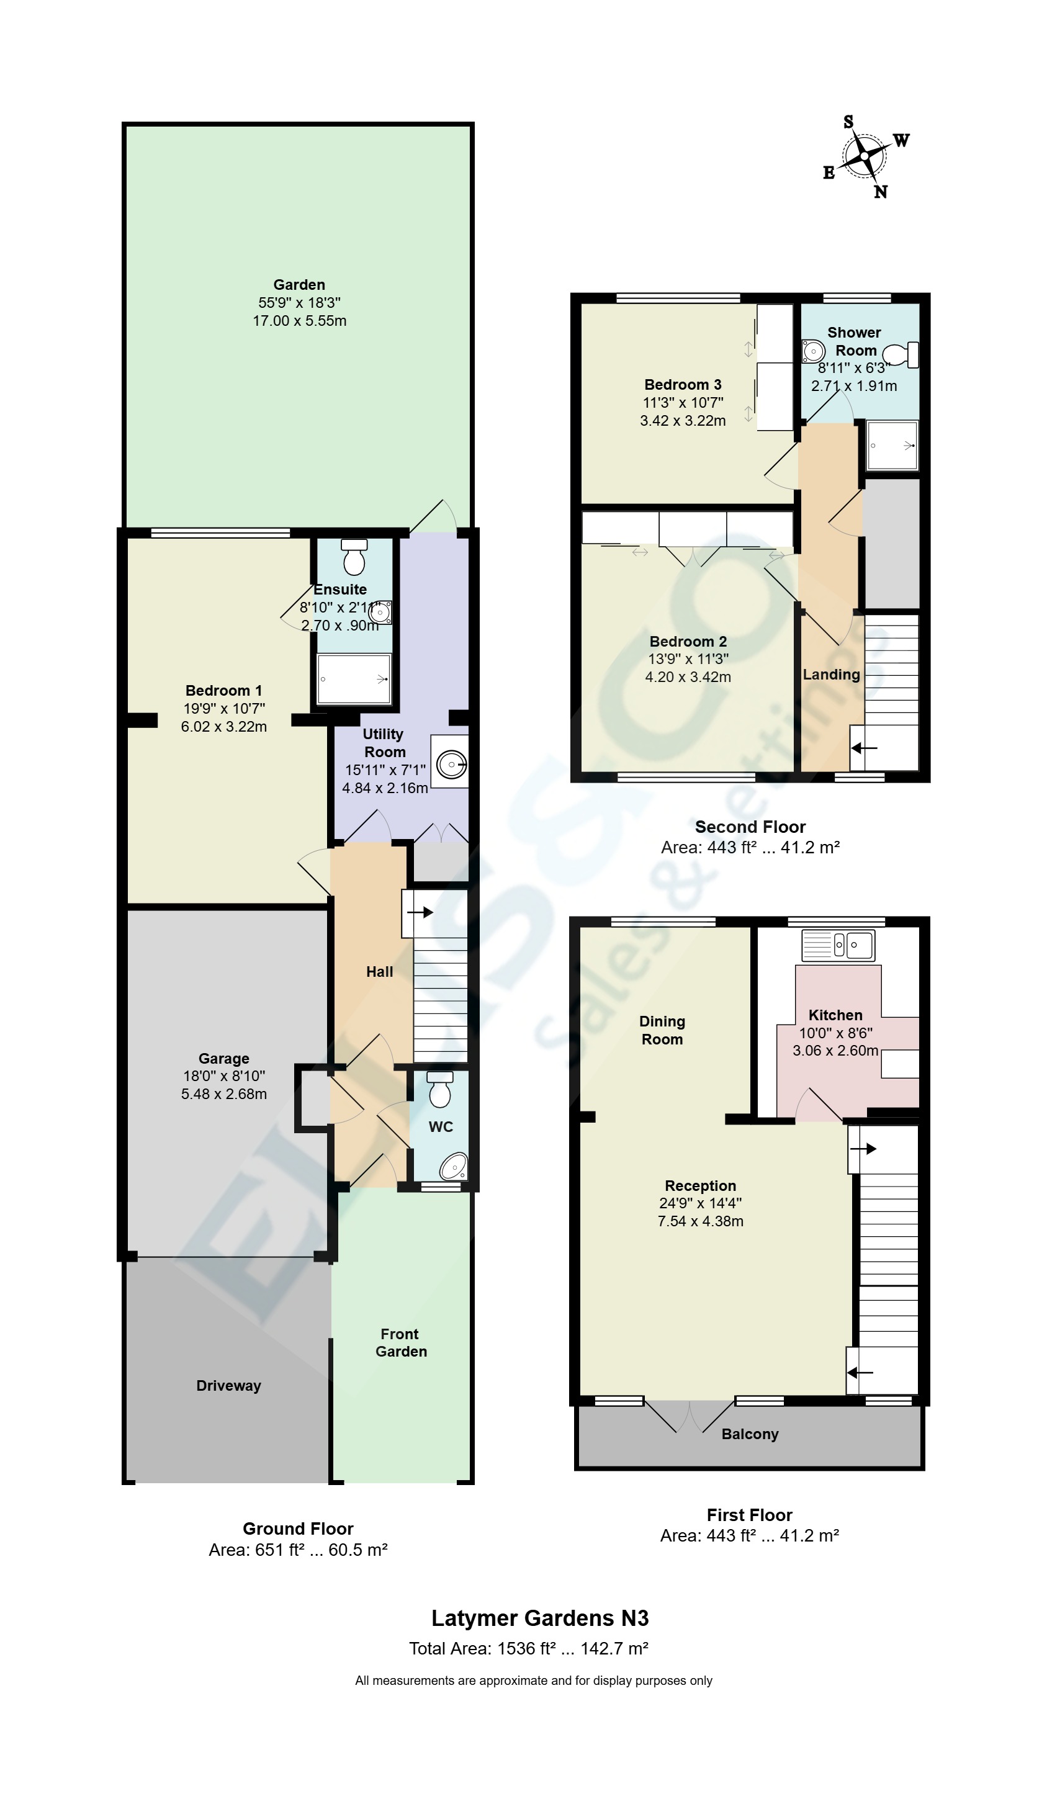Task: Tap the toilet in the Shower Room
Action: point(901,354)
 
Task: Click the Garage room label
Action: point(223,1058)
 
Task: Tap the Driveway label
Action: point(228,1386)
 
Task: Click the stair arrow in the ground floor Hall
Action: point(420,912)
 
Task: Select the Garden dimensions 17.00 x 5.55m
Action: point(299,321)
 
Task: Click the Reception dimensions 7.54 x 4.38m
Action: point(700,1221)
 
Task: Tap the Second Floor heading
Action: point(750,827)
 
